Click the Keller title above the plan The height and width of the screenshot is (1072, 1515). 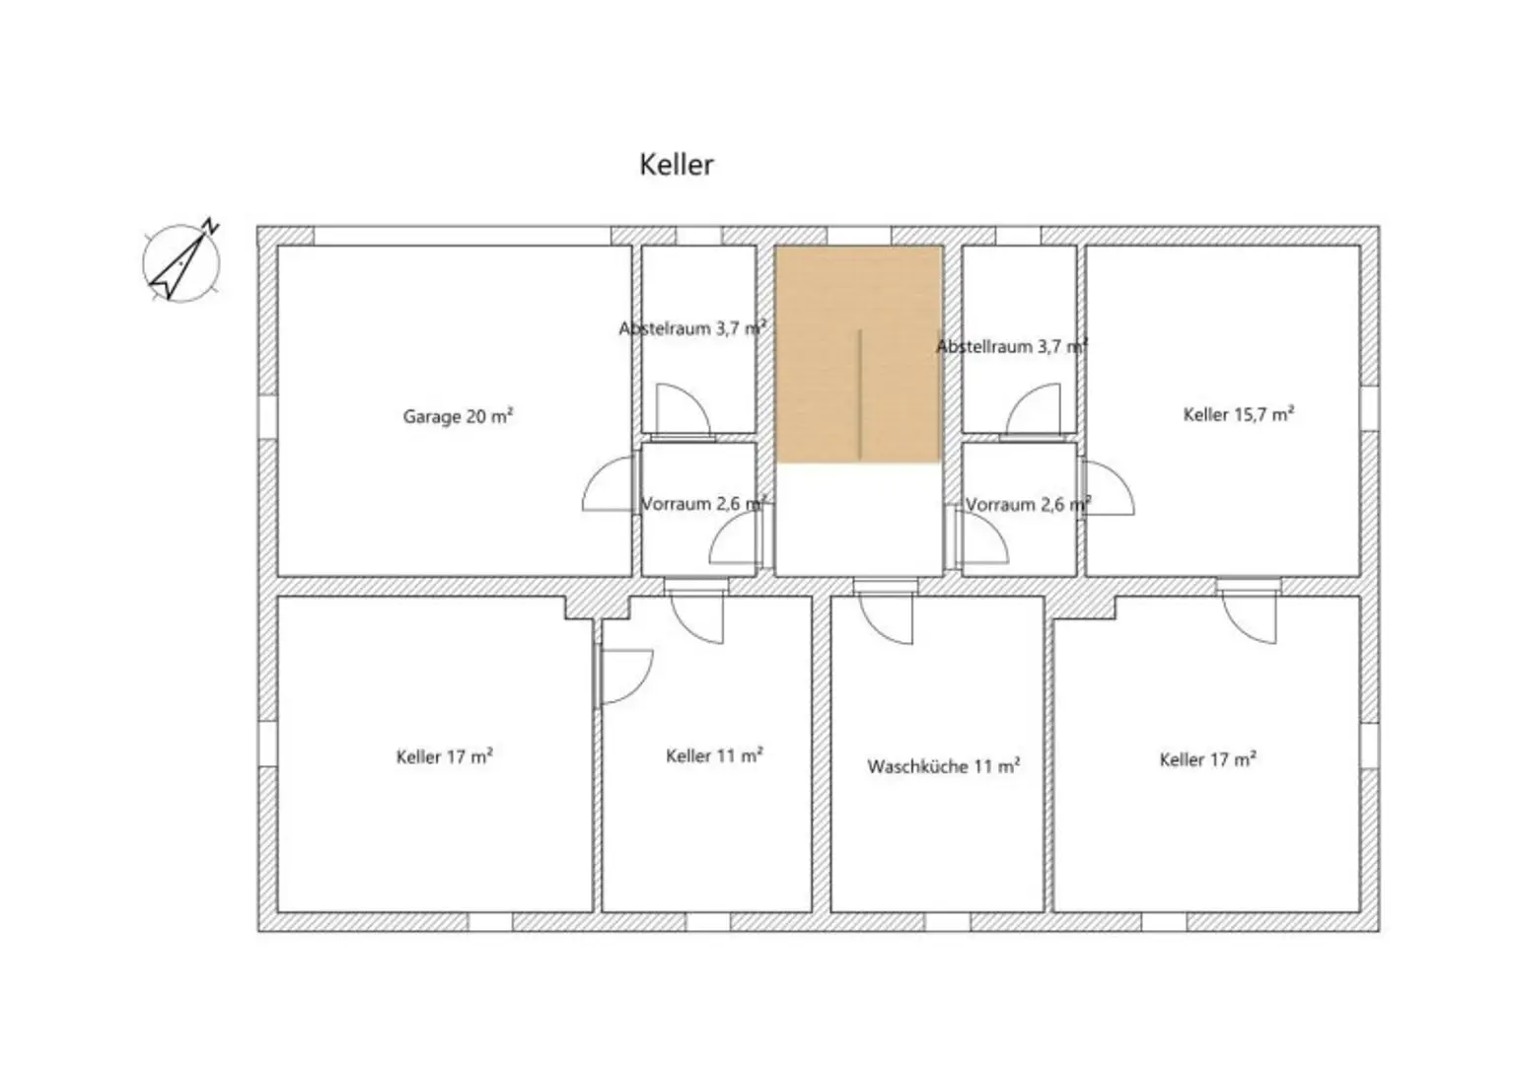(676, 165)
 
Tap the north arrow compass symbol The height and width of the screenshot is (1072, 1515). (181, 261)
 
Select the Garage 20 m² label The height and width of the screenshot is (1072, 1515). (458, 416)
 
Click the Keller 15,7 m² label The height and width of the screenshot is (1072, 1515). (1238, 414)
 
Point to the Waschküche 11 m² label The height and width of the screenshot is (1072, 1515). (943, 766)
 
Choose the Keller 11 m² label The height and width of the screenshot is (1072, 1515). (714, 756)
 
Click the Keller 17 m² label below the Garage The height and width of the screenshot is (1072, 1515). (444, 757)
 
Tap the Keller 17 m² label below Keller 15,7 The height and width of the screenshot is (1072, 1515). (1207, 759)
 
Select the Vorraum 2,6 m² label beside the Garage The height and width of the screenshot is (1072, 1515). (703, 504)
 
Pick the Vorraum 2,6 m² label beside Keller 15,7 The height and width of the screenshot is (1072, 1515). (1028, 505)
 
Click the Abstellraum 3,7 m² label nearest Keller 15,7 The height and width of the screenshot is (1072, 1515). (1011, 346)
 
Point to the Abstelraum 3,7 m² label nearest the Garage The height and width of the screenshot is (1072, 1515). (692, 328)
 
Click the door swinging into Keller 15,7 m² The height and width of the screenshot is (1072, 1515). (1108, 489)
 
